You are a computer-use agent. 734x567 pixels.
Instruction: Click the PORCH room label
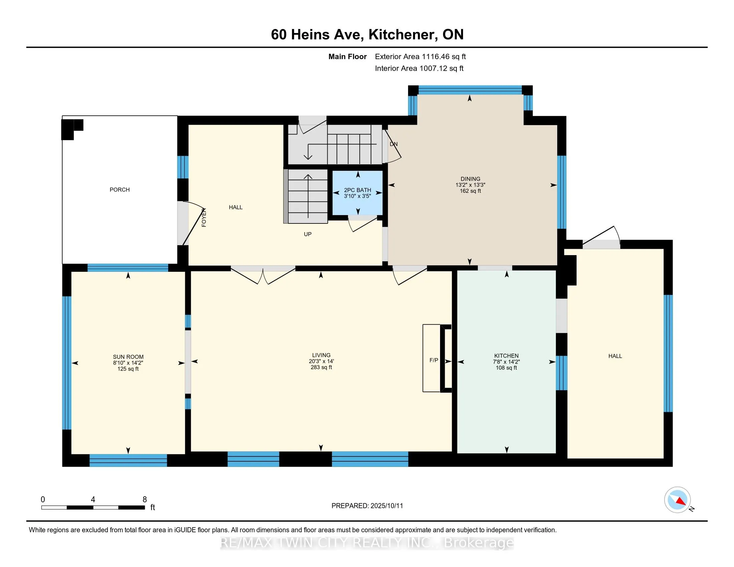coord(120,190)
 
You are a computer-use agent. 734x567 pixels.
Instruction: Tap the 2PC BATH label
coord(358,190)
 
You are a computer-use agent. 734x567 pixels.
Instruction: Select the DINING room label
coord(470,179)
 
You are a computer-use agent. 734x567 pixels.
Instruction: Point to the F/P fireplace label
coord(434,360)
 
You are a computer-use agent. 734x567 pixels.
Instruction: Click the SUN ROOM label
coord(128,357)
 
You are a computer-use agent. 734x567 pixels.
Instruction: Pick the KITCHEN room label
coord(506,356)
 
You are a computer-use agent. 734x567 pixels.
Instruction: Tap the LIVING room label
coord(321,355)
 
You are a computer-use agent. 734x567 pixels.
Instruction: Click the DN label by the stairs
coord(394,144)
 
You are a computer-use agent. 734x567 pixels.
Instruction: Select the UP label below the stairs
coord(308,234)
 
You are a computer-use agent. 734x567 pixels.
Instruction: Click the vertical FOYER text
coord(204,218)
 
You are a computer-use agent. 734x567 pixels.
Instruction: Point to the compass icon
coord(678,500)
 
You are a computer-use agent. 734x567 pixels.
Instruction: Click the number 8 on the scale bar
coord(145,500)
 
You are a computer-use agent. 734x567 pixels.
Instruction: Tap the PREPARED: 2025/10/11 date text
coord(367,506)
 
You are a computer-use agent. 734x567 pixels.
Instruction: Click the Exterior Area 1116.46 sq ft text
coord(420,57)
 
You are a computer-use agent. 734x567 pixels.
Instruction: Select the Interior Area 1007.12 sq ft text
coord(419,68)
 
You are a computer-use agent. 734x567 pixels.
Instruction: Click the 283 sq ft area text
coord(321,367)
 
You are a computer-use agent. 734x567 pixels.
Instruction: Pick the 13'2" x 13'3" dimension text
coord(470,185)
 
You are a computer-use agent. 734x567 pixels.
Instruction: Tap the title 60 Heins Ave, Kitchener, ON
coord(367,35)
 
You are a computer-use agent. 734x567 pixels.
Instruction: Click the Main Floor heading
coord(348,57)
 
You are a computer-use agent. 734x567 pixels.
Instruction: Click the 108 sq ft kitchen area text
coord(506,368)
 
